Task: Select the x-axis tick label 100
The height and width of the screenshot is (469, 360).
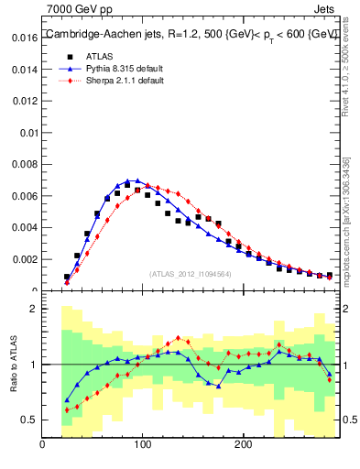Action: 142,445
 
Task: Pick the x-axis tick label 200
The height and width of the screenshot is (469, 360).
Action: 242,445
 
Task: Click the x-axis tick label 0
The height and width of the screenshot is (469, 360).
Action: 43,445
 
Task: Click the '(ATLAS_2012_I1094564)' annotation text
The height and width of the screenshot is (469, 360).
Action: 190,274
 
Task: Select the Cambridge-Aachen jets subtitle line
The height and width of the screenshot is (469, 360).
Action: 191,35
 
